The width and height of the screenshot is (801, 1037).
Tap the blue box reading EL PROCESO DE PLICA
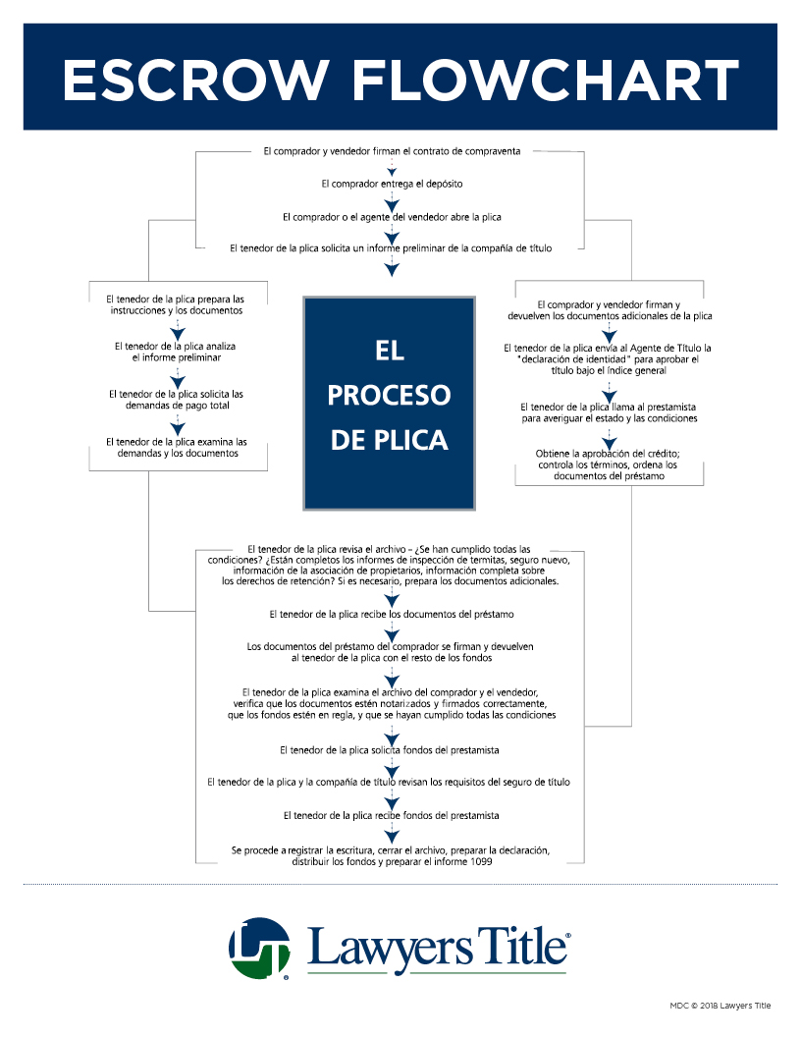click(x=389, y=403)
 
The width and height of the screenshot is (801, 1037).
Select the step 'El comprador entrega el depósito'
click(x=392, y=184)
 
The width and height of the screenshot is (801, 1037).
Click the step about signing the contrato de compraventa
click(x=392, y=151)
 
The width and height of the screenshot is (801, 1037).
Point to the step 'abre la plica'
click(x=392, y=216)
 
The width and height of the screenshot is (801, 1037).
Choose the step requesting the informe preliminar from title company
click(x=392, y=248)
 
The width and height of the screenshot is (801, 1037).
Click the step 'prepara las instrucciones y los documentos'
click(x=176, y=303)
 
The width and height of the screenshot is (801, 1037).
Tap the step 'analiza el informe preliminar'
click(x=176, y=353)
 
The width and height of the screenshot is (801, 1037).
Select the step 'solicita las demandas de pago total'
click(x=176, y=400)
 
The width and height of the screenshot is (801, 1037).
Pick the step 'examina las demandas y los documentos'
click(x=176, y=448)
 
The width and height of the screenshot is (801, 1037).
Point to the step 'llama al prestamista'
click(x=610, y=412)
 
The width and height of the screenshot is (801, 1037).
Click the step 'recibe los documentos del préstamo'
click(x=392, y=614)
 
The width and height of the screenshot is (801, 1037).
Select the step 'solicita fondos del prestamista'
click(x=392, y=750)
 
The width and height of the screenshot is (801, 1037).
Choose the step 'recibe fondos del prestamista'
click(x=392, y=815)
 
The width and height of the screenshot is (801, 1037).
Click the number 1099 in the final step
click(x=477, y=862)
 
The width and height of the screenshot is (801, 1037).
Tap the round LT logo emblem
click(x=259, y=948)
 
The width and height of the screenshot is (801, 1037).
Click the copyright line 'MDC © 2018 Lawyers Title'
click(x=721, y=1006)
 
